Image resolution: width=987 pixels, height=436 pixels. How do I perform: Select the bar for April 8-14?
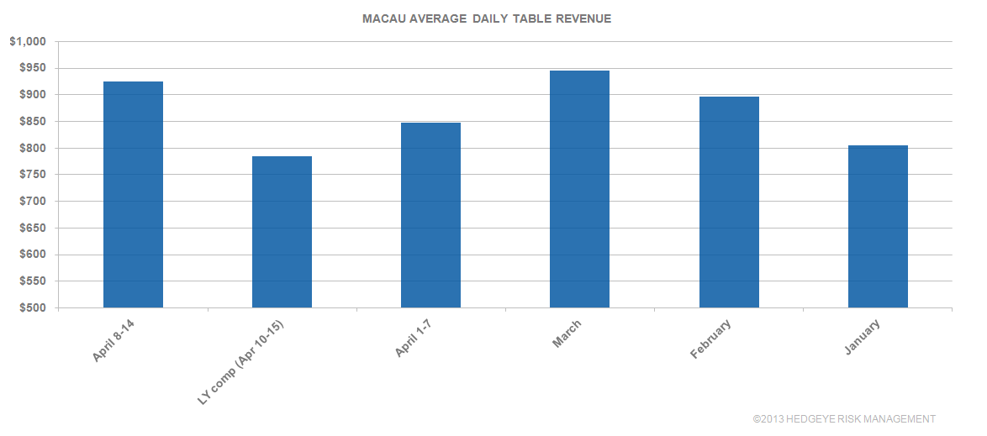pyautogui.click(x=133, y=195)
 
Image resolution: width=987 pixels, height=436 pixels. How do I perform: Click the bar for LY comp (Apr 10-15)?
pyautogui.click(x=282, y=232)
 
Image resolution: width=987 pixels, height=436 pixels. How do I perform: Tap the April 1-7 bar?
pyautogui.click(x=430, y=215)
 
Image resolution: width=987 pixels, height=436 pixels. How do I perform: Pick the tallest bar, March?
pyautogui.click(x=579, y=189)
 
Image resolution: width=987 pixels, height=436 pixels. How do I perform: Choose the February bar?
pyautogui.click(x=729, y=202)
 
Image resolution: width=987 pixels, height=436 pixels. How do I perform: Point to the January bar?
pyautogui.click(x=878, y=227)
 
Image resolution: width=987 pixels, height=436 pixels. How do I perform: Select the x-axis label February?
pyautogui.click(x=710, y=339)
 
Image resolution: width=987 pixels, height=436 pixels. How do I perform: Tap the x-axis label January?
pyautogui.click(x=863, y=337)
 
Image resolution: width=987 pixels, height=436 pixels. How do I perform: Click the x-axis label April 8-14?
pyautogui.click(x=116, y=340)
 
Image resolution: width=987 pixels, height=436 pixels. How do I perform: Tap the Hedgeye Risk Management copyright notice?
pyautogui.click(x=844, y=418)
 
